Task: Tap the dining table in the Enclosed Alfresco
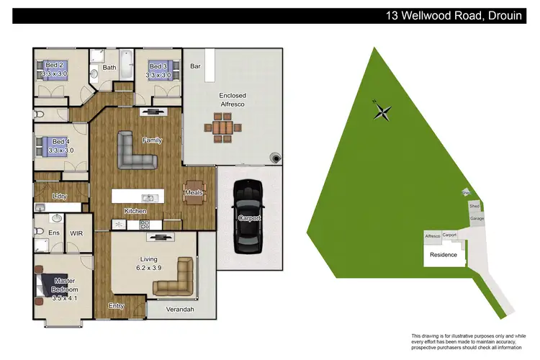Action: pos(225,131)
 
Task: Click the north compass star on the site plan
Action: pos(383,111)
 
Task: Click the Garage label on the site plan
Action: pos(477,218)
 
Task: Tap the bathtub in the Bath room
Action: pos(127,68)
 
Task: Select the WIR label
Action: pos(77,233)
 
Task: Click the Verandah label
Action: pos(181,309)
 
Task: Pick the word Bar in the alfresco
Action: pos(194,66)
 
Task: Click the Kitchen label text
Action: pos(135,211)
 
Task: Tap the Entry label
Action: pos(116,306)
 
